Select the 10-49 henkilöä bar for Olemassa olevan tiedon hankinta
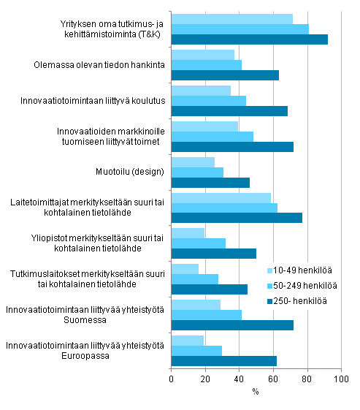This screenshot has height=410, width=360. click(x=202, y=55)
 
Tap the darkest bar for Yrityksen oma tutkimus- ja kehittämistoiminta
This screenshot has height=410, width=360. click(x=249, y=39)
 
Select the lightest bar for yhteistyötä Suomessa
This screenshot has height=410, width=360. click(x=195, y=304)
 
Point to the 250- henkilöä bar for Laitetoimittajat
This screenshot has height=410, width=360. click(x=236, y=218)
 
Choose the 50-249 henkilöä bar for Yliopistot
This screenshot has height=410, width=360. click(x=198, y=243)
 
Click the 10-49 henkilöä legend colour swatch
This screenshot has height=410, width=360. click(x=269, y=270)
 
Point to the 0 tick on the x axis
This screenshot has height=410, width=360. click(x=171, y=379)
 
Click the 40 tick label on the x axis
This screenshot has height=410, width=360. click(x=239, y=379)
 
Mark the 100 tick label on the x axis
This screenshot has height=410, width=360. click(x=341, y=379)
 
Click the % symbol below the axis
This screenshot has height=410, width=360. click(x=256, y=392)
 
